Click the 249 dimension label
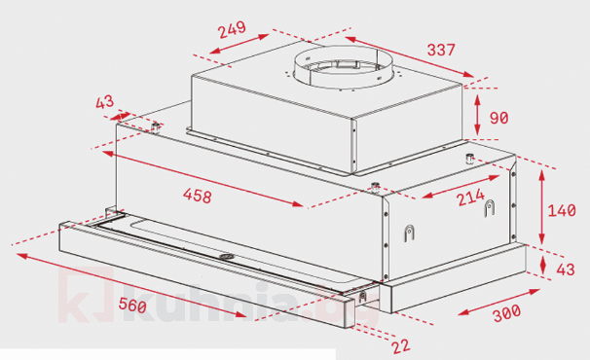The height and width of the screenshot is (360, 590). click(x=232, y=30)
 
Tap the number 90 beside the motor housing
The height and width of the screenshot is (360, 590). click(x=498, y=119)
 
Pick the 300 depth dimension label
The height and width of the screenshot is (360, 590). click(x=505, y=314)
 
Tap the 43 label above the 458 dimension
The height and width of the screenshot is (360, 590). click(x=105, y=101)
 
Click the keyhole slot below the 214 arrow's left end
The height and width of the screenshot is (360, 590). click(x=408, y=234)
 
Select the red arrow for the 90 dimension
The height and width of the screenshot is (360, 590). click(x=477, y=115)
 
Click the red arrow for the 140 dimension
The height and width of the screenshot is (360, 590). click(x=541, y=208)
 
